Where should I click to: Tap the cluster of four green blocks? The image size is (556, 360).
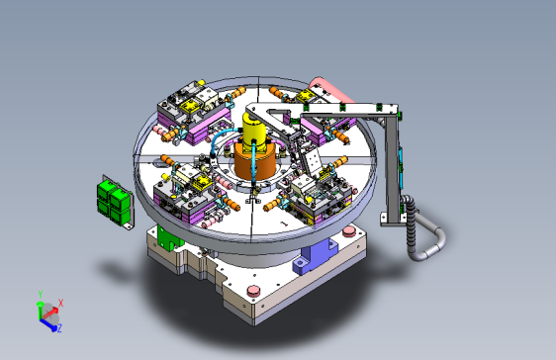[x=114, y=201]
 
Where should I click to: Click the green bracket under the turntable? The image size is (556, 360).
[x=169, y=238]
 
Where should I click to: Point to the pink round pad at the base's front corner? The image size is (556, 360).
[x=253, y=291]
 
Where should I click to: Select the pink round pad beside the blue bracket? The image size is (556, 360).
[x=349, y=231]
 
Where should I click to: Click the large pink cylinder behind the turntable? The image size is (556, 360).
[x=330, y=90]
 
